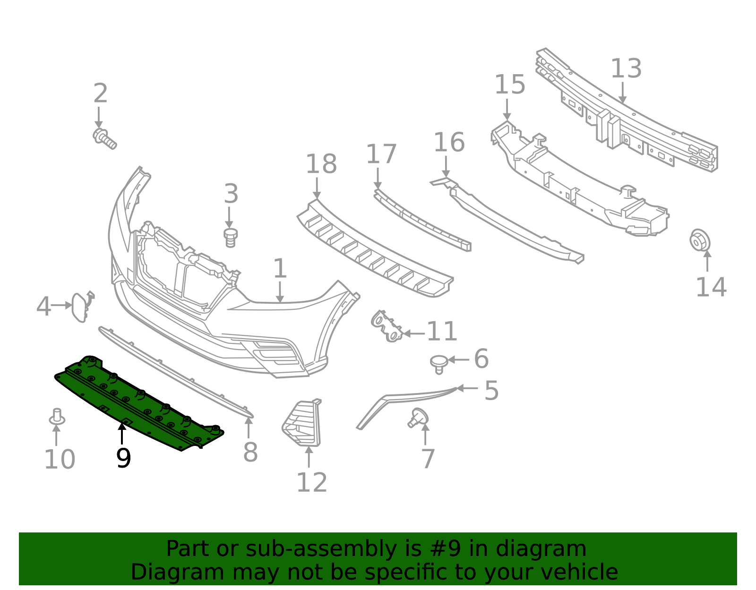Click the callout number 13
coord(626,69)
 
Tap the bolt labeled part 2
coord(104,138)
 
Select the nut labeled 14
coord(699,240)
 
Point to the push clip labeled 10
coord(57,417)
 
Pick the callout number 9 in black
coord(123,458)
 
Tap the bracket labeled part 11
coord(387,326)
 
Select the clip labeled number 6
coord(439,364)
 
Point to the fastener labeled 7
coord(418,418)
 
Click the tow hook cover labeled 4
coord(80,307)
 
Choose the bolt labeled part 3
coord(230,237)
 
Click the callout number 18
coord(321,164)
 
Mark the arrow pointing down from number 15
coord(507,110)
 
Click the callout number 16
coord(449,143)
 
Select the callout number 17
coord(381,154)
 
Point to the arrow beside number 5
coord(467,388)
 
